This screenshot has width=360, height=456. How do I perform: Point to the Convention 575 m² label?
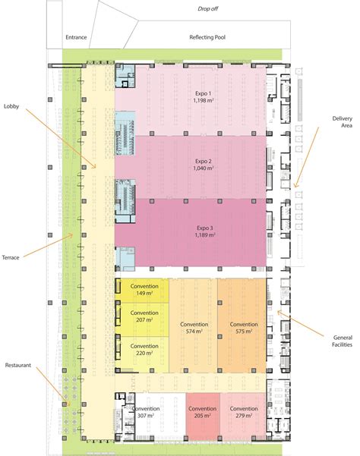(x=244, y=329)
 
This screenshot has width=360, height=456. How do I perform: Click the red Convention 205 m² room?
(x=202, y=412)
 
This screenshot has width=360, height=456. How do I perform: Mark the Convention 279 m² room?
(x=244, y=412)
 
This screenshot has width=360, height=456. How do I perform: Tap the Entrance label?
(x=77, y=36)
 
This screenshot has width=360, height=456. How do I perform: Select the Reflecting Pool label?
(x=207, y=36)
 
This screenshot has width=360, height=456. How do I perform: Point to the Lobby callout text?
(x=12, y=105)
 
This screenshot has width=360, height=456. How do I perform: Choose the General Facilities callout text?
(x=341, y=341)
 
